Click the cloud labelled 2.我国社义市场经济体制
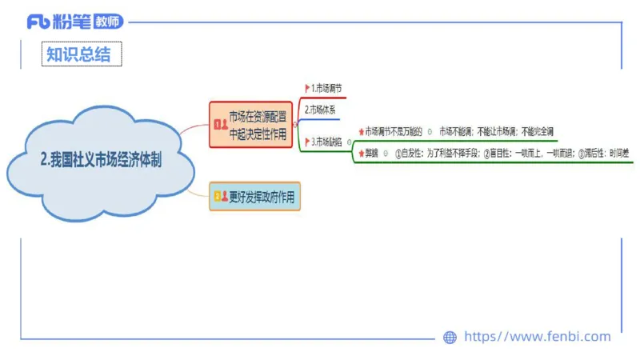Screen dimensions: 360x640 point(101,159)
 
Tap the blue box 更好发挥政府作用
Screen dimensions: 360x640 point(255,196)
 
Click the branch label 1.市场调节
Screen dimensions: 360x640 point(328,87)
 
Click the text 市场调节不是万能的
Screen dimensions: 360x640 point(394,131)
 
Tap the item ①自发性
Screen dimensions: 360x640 point(408,153)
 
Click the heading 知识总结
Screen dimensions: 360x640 point(74,54)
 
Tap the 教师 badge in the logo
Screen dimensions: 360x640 point(108,22)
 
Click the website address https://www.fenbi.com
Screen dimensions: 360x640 point(537,337)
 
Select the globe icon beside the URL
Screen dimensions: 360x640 point(450,338)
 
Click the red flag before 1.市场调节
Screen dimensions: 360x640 point(307,87)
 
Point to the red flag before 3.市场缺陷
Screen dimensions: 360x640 point(307,142)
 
